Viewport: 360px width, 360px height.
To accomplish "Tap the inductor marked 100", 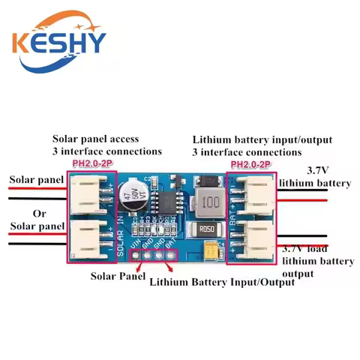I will pos(212,200).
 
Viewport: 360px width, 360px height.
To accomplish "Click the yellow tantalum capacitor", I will pos(212,253).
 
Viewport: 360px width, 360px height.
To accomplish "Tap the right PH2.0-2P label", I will pos(251,164).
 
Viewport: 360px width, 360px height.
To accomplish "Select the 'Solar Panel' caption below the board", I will pos(114,277).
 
